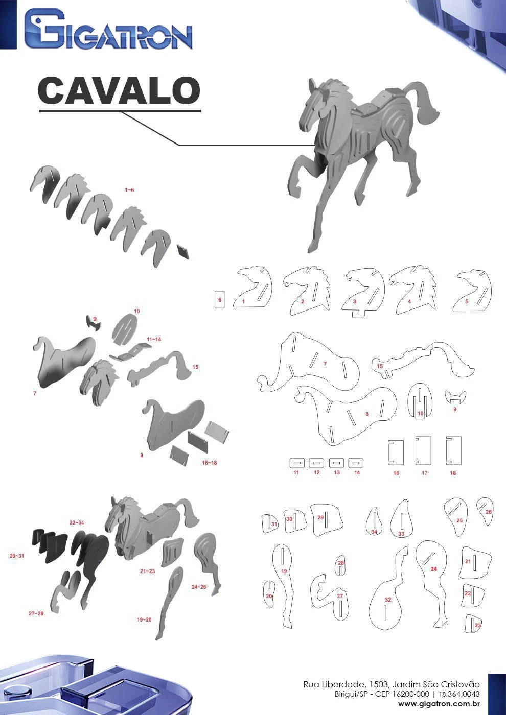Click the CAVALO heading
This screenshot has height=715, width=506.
(x=119, y=90)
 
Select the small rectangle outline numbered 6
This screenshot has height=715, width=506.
(x=219, y=299)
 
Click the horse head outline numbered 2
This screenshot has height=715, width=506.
(x=307, y=291)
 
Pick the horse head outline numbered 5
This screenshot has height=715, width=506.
(x=473, y=291)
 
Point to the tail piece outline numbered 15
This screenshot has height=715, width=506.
(x=423, y=360)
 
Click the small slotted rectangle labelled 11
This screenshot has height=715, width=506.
(x=297, y=463)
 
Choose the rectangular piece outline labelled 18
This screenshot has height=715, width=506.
(x=454, y=450)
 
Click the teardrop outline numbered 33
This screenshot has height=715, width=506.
(x=402, y=519)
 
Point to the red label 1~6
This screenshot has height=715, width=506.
(x=129, y=190)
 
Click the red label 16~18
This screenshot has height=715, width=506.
(x=209, y=463)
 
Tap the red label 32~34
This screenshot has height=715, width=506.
(x=77, y=522)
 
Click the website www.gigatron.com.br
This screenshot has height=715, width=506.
(x=439, y=704)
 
